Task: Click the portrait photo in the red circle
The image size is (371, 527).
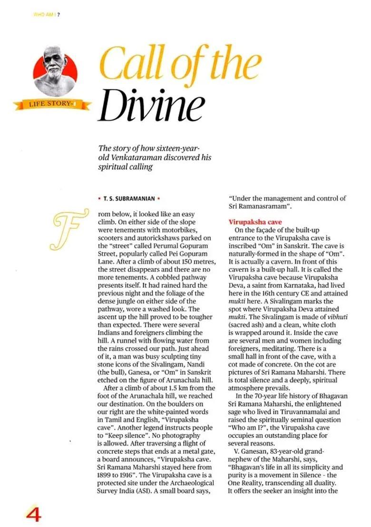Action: coord(55,71)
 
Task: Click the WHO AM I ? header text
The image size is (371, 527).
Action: coord(46,14)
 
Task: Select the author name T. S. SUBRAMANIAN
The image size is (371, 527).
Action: coord(128,199)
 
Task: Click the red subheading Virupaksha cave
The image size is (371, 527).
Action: coord(255,222)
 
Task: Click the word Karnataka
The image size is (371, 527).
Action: coord(294,285)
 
